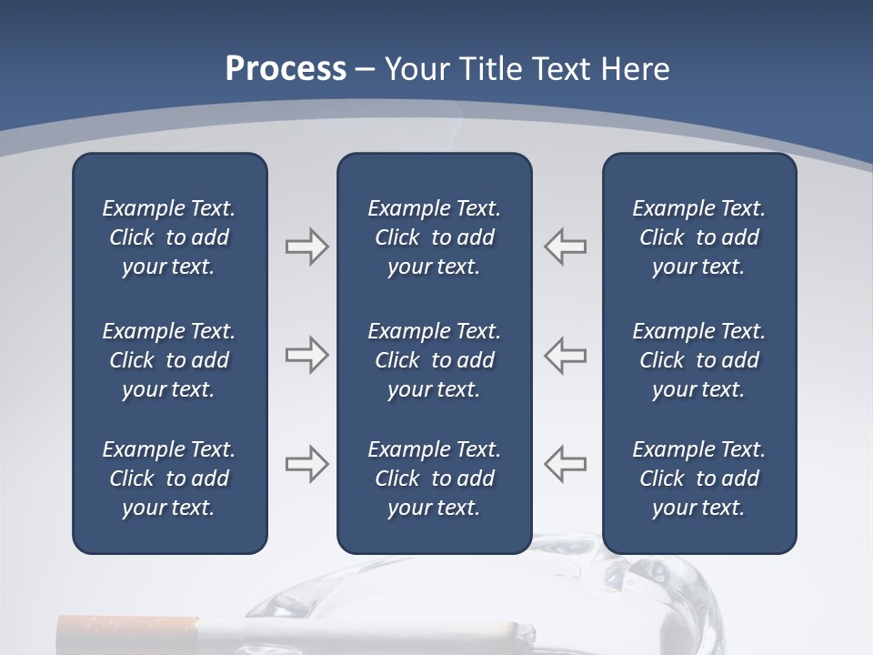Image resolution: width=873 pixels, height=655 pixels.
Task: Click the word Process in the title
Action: pyautogui.click(x=286, y=69)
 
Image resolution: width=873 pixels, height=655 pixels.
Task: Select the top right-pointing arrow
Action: pyautogui.click(x=306, y=247)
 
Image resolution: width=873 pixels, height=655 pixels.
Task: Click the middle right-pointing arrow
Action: pyautogui.click(x=306, y=355)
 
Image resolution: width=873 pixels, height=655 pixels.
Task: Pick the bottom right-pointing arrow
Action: pyautogui.click(x=306, y=464)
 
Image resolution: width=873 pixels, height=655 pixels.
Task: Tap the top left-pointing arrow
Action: pyautogui.click(x=566, y=247)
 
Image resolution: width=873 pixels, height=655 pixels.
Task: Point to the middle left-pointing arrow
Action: pyautogui.click(x=566, y=355)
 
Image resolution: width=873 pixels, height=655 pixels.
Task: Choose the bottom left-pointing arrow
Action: pyautogui.click(x=566, y=464)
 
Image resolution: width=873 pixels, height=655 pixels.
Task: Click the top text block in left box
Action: pyautogui.click(x=169, y=237)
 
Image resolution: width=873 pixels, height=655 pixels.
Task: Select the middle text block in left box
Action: pyautogui.click(x=169, y=360)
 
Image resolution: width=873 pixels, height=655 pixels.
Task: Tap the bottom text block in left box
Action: pyautogui.click(x=169, y=479)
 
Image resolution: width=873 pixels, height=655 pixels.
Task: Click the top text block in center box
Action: pyautogui.click(x=434, y=237)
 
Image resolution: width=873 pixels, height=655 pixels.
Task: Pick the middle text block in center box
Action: pyautogui.click(x=434, y=360)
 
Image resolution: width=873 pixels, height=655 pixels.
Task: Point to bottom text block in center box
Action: pyautogui.click(x=434, y=479)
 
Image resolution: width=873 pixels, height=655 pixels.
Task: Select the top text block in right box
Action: pyautogui.click(x=698, y=237)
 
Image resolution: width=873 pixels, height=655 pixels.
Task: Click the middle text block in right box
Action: pyautogui.click(x=698, y=360)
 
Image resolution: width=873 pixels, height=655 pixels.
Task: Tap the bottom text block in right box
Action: pyautogui.click(x=698, y=479)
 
